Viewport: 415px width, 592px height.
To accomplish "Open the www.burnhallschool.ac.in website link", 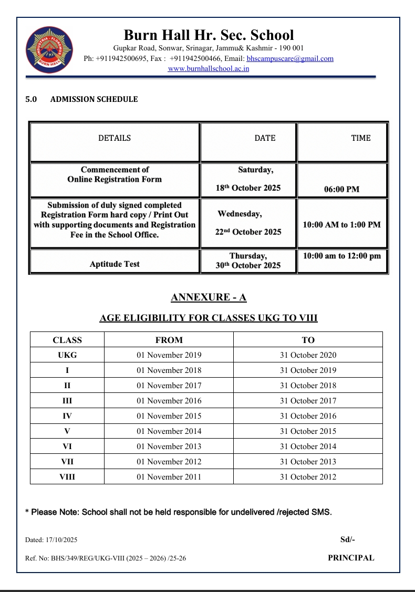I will click(209, 68).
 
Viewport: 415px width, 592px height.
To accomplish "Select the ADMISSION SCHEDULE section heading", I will click(94, 99).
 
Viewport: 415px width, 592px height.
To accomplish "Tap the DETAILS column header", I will click(115, 138).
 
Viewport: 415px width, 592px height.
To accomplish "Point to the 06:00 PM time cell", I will click(342, 189).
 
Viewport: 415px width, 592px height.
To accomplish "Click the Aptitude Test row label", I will click(115, 264).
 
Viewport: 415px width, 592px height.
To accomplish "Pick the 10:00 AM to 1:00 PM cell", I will click(342, 225).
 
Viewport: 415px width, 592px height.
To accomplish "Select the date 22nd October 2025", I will click(248, 232).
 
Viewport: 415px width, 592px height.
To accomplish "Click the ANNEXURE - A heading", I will click(209, 298).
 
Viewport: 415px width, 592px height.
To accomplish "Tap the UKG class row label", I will click(67, 355).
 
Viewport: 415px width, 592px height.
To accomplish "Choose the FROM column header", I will click(169, 340).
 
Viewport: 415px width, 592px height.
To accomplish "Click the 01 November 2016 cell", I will click(169, 401).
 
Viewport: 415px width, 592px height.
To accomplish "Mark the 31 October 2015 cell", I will click(308, 431).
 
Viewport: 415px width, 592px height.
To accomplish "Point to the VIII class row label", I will click(67, 477).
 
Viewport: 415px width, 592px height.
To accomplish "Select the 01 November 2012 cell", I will click(169, 462).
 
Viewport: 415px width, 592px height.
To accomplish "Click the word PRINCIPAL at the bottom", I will click(351, 558).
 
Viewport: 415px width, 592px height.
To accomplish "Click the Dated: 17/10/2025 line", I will click(51, 540).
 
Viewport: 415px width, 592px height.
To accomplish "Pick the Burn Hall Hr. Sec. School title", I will click(209, 35).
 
